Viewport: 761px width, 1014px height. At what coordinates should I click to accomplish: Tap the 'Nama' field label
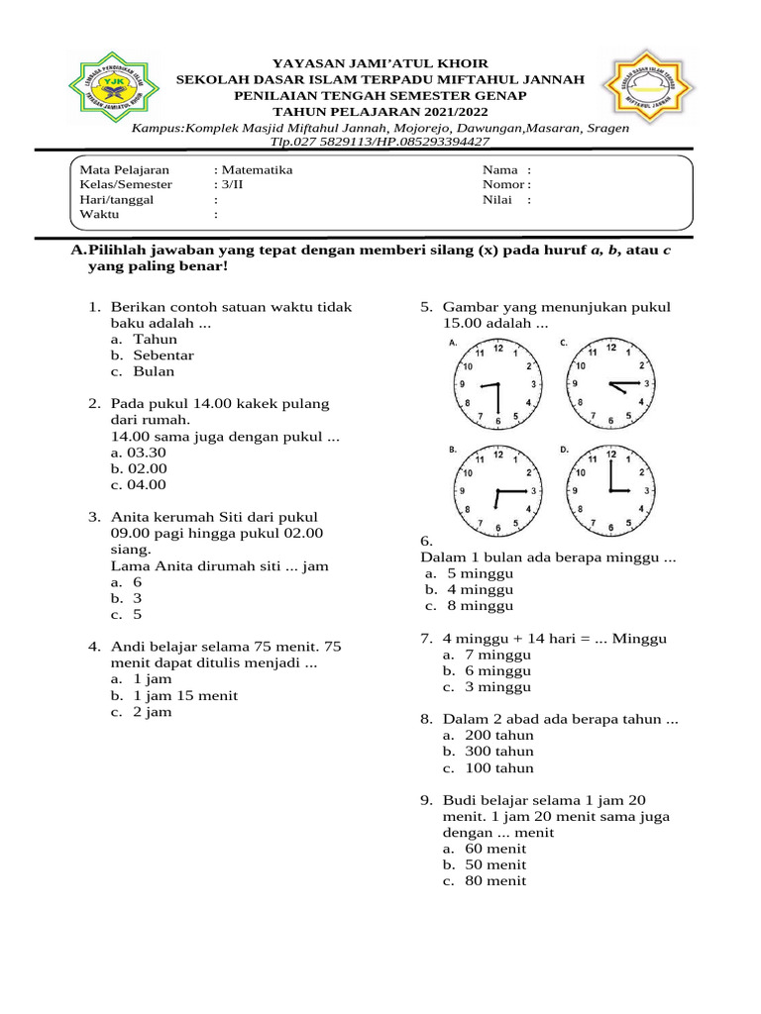(x=500, y=169)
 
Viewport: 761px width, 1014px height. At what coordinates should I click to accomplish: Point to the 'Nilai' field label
(x=497, y=199)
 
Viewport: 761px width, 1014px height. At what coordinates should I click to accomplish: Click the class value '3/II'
(x=232, y=184)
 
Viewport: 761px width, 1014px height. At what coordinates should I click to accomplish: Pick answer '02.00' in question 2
(x=146, y=468)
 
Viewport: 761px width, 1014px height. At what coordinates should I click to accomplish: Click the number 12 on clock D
(x=611, y=455)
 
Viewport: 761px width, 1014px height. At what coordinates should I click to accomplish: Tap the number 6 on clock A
(x=498, y=420)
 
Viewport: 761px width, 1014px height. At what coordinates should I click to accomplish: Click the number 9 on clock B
(x=462, y=491)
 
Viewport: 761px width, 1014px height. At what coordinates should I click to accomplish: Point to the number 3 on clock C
(x=646, y=383)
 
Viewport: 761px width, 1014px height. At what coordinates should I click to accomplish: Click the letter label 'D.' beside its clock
(x=564, y=450)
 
